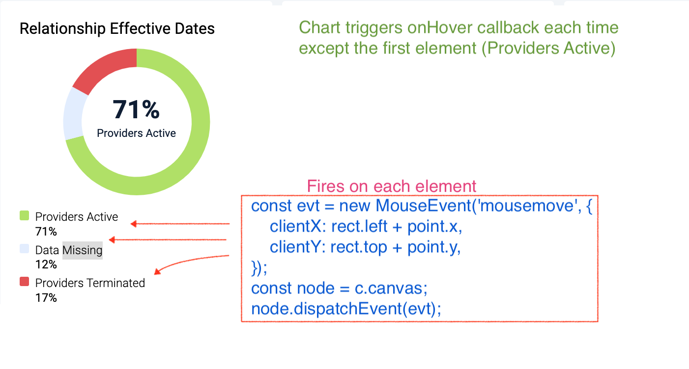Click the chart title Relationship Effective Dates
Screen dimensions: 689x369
(117, 28)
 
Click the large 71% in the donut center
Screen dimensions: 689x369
(136, 109)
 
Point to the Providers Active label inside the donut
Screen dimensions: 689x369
(136, 133)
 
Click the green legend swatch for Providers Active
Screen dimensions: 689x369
(24, 215)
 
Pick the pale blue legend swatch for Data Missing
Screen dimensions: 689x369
(24, 249)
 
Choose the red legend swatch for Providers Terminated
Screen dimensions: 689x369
(24, 282)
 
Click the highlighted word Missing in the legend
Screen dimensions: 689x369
(83, 250)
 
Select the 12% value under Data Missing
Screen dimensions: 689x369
(46, 264)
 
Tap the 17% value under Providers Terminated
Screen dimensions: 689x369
(46, 298)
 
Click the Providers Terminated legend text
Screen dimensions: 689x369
(90, 283)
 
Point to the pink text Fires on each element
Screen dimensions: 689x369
(392, 186)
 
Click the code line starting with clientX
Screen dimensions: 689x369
(366, 226)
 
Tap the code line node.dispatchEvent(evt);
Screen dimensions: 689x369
(346, 309)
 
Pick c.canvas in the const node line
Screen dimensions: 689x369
(391, 288)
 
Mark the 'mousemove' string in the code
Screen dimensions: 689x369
(527, 206)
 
